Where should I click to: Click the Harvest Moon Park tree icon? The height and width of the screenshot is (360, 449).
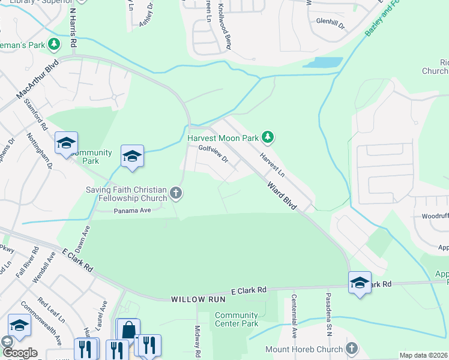(x=268, y=138)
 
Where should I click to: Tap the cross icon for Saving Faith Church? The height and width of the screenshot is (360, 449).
(x=175, y=193)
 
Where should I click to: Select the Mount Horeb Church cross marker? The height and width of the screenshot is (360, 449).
(x=352, y=349)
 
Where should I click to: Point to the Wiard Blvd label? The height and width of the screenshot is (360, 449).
(x=282, y=196)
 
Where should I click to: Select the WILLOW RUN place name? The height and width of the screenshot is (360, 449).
(x=192, y=298)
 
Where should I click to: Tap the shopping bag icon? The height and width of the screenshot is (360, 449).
(x=128, y=330)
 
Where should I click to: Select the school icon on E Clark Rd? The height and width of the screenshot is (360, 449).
(x=359, y=283)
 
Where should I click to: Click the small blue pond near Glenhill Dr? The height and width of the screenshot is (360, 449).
(x=323, y=62)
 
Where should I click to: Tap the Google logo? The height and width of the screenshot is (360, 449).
(x=19, y=353)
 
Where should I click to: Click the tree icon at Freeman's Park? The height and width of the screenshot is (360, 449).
(x=54, y=44)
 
